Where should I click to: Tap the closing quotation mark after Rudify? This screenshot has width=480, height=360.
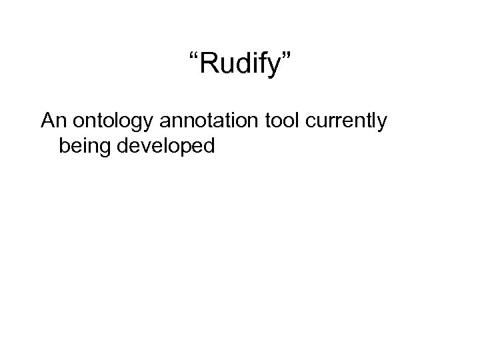[x=287, y=57]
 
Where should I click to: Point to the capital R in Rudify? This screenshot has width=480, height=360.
[x=205, y=65]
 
